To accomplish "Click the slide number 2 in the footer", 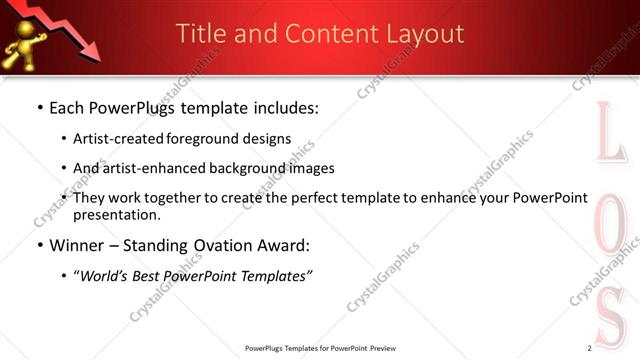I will coord(589,347).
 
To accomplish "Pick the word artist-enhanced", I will coord(145,168).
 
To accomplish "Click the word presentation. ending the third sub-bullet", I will coord(116,214).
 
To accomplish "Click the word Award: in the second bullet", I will coord(283,245).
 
